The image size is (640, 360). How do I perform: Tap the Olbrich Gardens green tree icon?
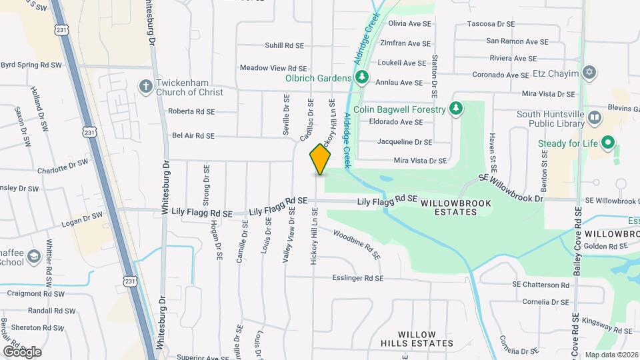tap(361, 77)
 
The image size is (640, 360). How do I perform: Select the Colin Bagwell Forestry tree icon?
tap(456, 109)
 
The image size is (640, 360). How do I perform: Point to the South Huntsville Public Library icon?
tap(595, 118)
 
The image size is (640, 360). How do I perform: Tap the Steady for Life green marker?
tap(607, 143)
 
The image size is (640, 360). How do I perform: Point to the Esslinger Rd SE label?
tap(358, 278)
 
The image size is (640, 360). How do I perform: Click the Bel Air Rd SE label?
tap(193, 135)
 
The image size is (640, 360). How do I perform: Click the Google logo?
tap(21, 352)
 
